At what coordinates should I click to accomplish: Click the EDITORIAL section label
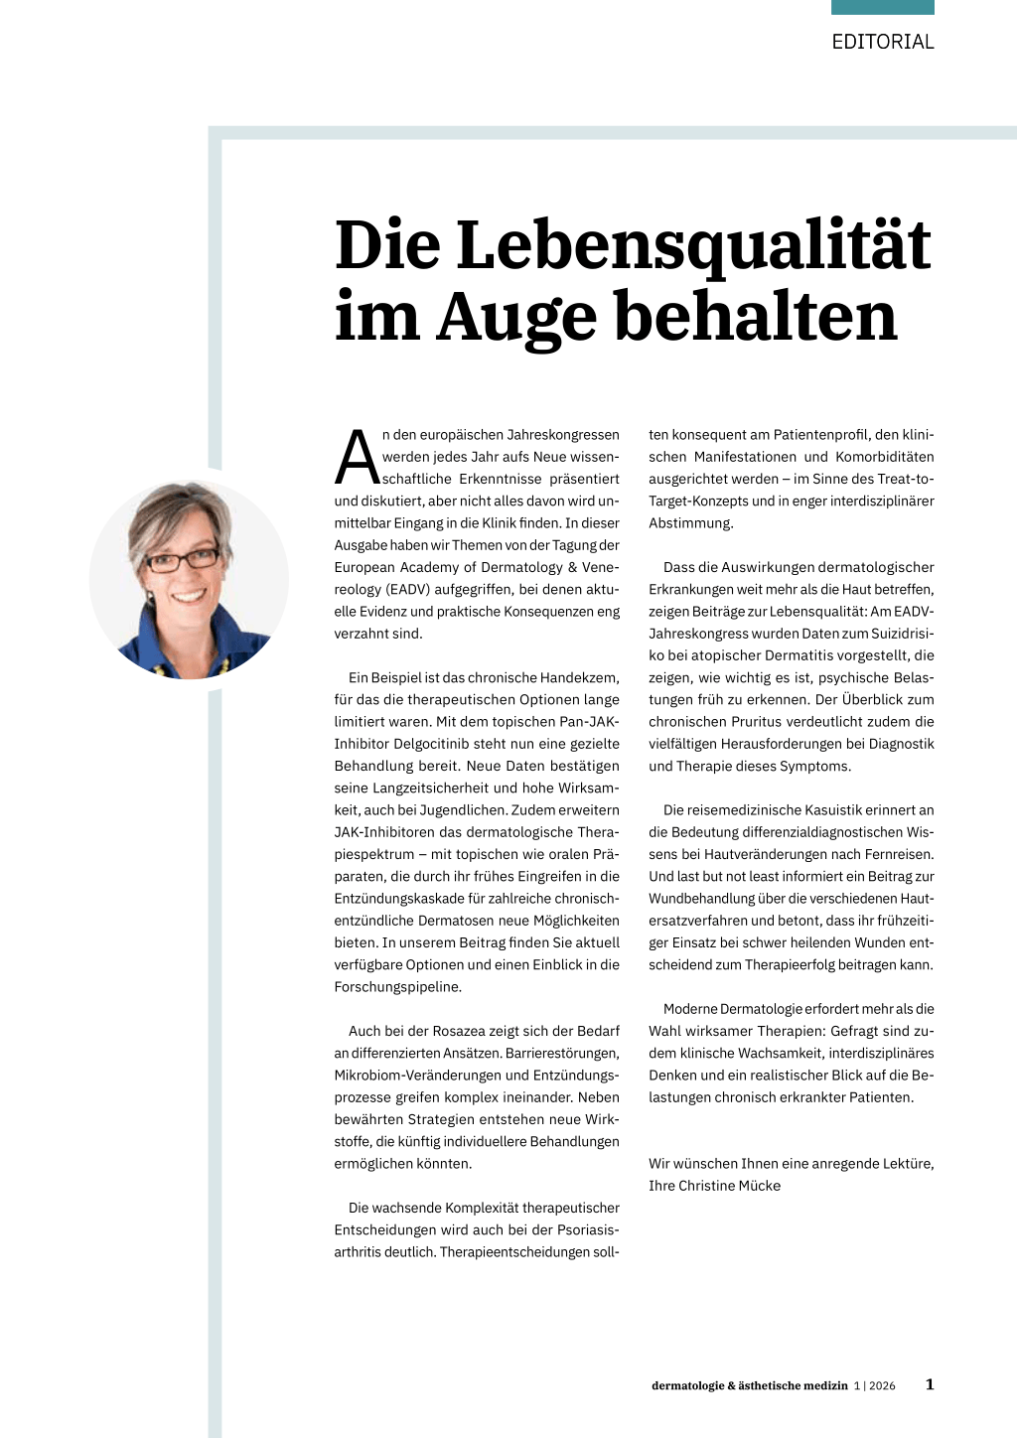pos(883,42)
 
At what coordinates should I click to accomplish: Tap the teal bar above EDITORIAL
pos(883,7)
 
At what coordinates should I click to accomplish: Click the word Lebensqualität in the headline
pos(693,245)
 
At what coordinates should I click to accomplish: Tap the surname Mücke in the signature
pos(760,1186)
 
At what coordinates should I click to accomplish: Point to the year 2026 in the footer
pos(882,1386)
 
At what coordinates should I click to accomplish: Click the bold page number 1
pos(930,1384)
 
